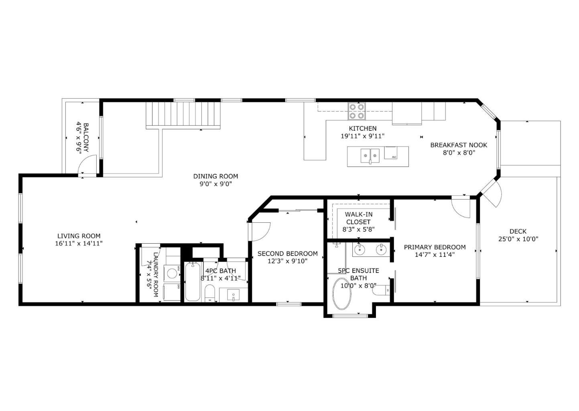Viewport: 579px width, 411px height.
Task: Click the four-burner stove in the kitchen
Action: (357, 111)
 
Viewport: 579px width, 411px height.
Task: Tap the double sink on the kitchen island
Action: (370, 155)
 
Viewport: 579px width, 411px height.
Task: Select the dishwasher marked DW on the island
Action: (390, 153)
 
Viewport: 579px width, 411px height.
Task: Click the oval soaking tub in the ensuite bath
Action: (342, 294)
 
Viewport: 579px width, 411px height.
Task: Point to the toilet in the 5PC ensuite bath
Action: (380, 290)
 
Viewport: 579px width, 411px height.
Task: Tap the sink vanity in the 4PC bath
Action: (233, 295)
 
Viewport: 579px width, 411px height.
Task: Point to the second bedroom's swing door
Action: (261, 231)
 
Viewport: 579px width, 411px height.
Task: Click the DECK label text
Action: (518, 231)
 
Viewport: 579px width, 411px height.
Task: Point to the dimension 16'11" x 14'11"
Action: (79, 243)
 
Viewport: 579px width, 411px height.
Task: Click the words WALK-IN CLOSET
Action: (358, 218)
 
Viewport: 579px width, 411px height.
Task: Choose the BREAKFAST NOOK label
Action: (458, 145)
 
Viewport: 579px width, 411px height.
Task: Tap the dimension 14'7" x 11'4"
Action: (435, 254)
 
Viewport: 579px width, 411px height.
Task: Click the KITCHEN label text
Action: (362, 128)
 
